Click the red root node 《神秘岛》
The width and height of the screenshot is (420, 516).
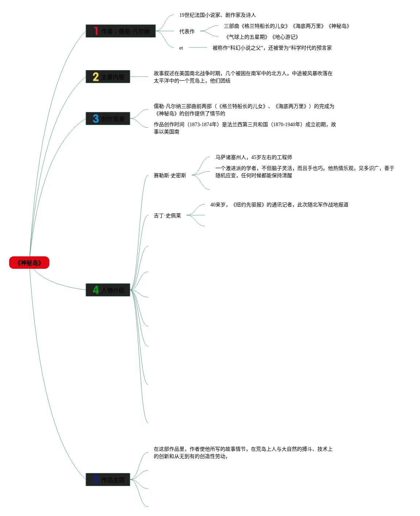coord(29,263)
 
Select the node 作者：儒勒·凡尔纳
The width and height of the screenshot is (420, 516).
coord(121,31)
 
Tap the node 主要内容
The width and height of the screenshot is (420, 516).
coord(108,77)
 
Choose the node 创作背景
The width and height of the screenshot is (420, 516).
coord(108,119)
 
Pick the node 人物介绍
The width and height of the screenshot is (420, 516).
coord(108,290)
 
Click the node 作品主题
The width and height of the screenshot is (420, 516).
coord(108,480)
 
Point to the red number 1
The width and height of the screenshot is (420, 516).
coord(96,31)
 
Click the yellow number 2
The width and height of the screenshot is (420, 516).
coord(96,77)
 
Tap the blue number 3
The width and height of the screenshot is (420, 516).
coord(96,119)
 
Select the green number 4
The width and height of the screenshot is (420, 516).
coord(96,290)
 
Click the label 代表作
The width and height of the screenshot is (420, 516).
coord(187,32)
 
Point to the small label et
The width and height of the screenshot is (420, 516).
coord(181,48)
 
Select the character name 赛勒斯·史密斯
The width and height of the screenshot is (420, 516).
coord(170,176)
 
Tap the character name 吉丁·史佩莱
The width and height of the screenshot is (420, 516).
coord(167,216)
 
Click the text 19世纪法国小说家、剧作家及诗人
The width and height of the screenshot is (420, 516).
coord(217,15)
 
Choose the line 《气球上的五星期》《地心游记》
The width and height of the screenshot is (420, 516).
coord(262,37)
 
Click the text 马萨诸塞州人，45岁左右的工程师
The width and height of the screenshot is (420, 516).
coord(253,158)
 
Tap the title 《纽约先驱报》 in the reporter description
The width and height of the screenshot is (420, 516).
coord(249,205)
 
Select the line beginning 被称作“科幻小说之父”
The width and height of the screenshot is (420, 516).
coord(272,48)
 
